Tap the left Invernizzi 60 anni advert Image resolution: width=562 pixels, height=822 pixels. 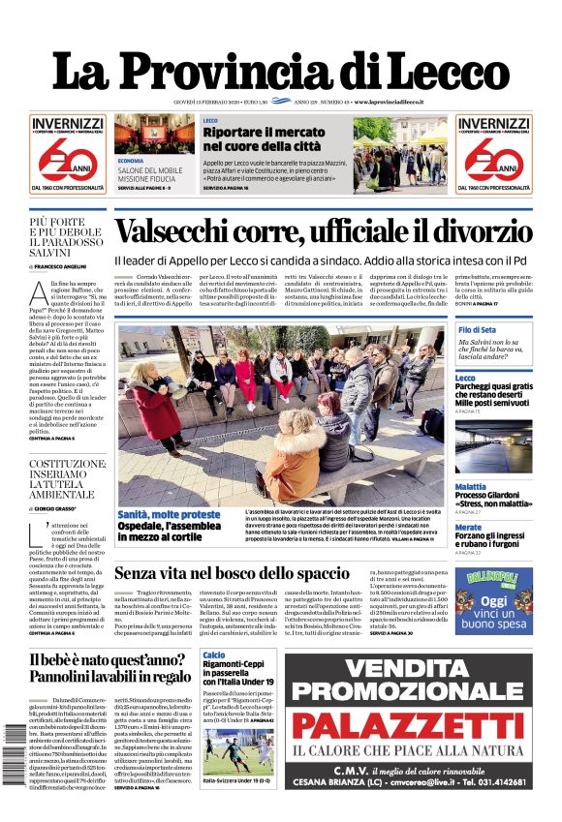coord(67,153)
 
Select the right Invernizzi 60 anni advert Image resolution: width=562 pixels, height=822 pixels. coord(494,153)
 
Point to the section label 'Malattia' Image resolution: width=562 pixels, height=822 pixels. coord(471,486)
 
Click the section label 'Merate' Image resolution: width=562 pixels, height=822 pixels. coord(468,527)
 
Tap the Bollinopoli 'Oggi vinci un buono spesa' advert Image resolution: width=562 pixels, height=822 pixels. coord(493,600)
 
